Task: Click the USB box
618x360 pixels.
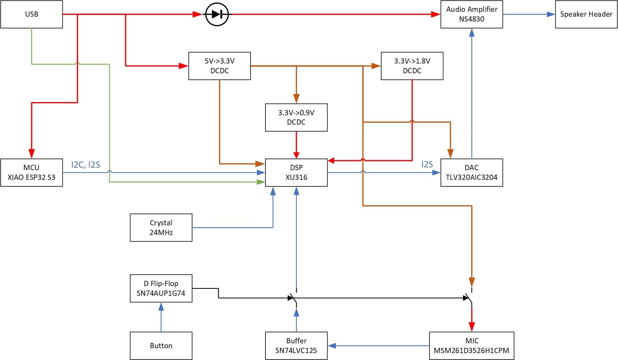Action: pos(32,14)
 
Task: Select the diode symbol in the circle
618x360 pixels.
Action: pos(217,14)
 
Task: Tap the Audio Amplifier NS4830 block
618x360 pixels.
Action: pos(472,14)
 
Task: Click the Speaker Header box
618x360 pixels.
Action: pos(586,14)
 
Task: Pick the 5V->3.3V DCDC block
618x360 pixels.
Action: pos(219,66)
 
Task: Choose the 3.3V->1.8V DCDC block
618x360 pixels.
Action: pos(412,66)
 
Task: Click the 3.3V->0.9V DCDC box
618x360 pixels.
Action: pos(296,117)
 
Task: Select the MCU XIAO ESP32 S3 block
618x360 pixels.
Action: pos(32,173)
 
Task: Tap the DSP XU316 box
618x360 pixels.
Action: pos(296,173)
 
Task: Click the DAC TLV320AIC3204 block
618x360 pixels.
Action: pos(472,173)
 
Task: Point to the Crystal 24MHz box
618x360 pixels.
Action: pos(161,227)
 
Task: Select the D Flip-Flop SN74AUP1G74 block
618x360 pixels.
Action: pos(161,288)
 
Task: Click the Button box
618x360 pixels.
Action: pos(161,345)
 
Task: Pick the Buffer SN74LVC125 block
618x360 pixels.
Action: pos(296,345)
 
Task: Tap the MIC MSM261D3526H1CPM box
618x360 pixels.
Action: pos(472,345)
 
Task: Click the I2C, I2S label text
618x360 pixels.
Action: pos(86,165)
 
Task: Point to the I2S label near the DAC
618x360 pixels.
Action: pos(427,164)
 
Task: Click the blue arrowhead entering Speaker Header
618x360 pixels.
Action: pos(551,14)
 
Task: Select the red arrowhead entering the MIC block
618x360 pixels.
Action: pos(472,327)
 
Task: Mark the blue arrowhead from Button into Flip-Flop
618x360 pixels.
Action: pos(161,307)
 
